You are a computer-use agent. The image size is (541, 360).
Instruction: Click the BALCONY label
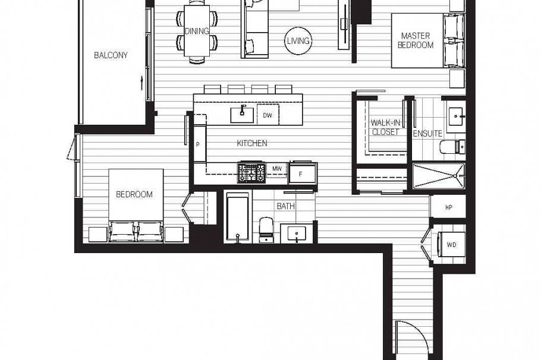pyautogui.click(x=111, y=56)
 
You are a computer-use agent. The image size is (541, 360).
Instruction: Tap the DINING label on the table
pyautogui.click(x=196, y=31)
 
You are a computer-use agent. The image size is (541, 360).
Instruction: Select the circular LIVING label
pyautogui.click(x=298, y=41)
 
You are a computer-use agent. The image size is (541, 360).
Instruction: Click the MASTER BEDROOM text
pyautogui.click(x=416, y=40)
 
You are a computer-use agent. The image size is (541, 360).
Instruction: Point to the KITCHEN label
pyautogui.click(x=251, y=143)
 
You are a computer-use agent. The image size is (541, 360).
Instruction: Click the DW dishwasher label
pyautogui.click(x=267, y=116)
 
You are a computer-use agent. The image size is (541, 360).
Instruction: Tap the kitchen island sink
pyautogui.click(x=243, y=114)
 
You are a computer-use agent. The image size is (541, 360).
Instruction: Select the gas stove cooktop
pyautogui.click(x=251, y=173)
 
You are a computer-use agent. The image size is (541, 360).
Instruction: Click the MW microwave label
pyautogui.click(x=276, y=169)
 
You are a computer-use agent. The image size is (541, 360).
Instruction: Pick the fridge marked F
pyautogui.click(x=302, y=173)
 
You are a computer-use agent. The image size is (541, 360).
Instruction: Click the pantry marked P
pyautogui.click(x=197, y=144)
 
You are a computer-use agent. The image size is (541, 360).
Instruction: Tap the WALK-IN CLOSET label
pyautogui.click(x=385, y=128)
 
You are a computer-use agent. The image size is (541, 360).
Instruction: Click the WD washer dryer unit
pyautogui.click(x=451, y=244)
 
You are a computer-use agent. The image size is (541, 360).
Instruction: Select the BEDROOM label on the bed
pyautogui.click(x=134, y=194)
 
